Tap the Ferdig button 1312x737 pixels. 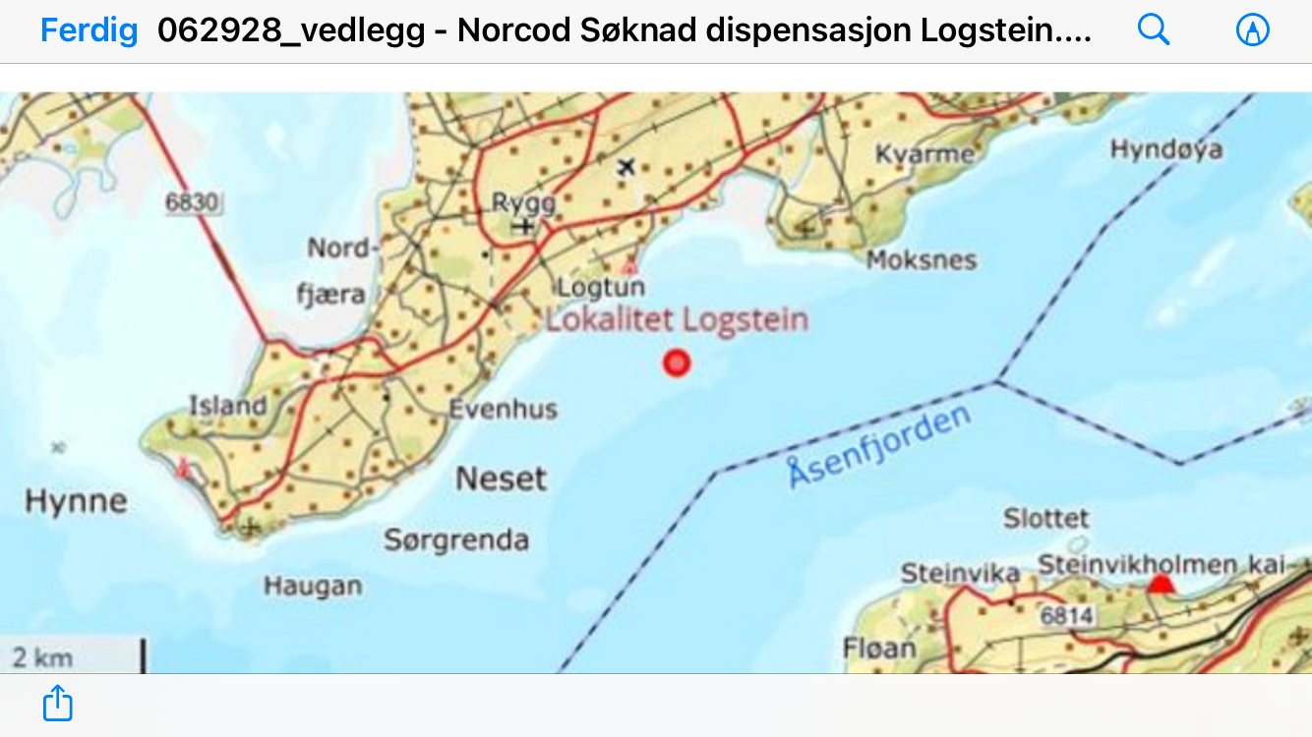pyautogui.click(x=89, y=30)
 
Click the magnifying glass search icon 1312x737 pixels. pyautogui.click(x=1154, y=30)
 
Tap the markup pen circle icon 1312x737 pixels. pyautogui.click(x=1252, y=30)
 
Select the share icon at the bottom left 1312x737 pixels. pyautogui.click(x=58, y=704)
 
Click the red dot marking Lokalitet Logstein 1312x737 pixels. pyautogui.click(x=676, y=364)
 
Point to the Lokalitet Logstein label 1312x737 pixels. pyautogui.click(x=677, y=319)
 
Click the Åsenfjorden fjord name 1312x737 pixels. pyautogui.click(x=879, y=447)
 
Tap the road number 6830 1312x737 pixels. pyautogui.click(x=192, y=203)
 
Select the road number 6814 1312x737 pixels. pyautogui.click(x=1067, y=615)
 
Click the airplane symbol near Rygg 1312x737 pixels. pyautogui.click(x=626, y=167)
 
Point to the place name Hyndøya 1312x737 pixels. pyautogui.click(x=1165, y=149)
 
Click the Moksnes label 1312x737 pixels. pyautogui.click(x=921, y=260)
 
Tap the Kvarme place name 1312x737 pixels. pyautogui.click(x=924, y=154)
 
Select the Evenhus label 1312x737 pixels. pyautogui.click(x=503, y=409)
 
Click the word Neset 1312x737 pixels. pyautogui.click(x=501, y=479)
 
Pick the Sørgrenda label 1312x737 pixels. pyautogui.click(x=456, y=539)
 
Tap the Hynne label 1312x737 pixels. pyautogui.click(x=76, y=502)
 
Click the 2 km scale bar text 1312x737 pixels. pyautogui.click(x=42, y=657)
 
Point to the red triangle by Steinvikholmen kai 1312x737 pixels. pyautogui.click(x=1163, y=586)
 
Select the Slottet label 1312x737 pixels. pyautogui.click(x=1045, y=518)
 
